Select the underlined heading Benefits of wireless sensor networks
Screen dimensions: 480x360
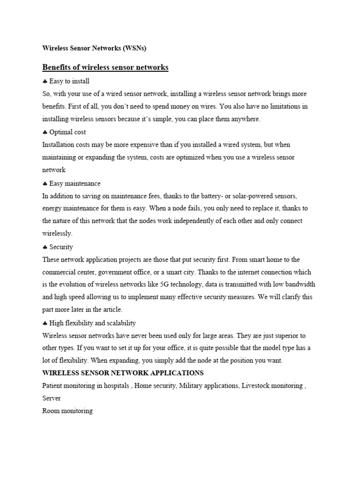pyautogui.click(x=105, y=67)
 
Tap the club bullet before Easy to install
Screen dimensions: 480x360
pyautogui.click(x=45, y=82)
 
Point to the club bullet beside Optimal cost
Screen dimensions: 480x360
pyautogui.click(x=45, y=132)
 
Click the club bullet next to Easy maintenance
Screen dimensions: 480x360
pyautogui.click(x=45, y=183)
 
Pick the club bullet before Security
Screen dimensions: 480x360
pyautogui.click(x=45, y=247)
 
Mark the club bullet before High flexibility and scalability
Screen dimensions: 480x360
pyautogui.click(x=45, y=323)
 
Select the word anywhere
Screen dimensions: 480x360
pyautogui.click(x=243, y=120)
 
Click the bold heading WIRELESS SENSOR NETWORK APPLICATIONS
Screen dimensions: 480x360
pyautogui.click(x=123, y=373)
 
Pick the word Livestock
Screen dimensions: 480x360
pyautogui.click(x=257, y=386)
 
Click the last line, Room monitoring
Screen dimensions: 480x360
pyautogui.click(x=67, y=411)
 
